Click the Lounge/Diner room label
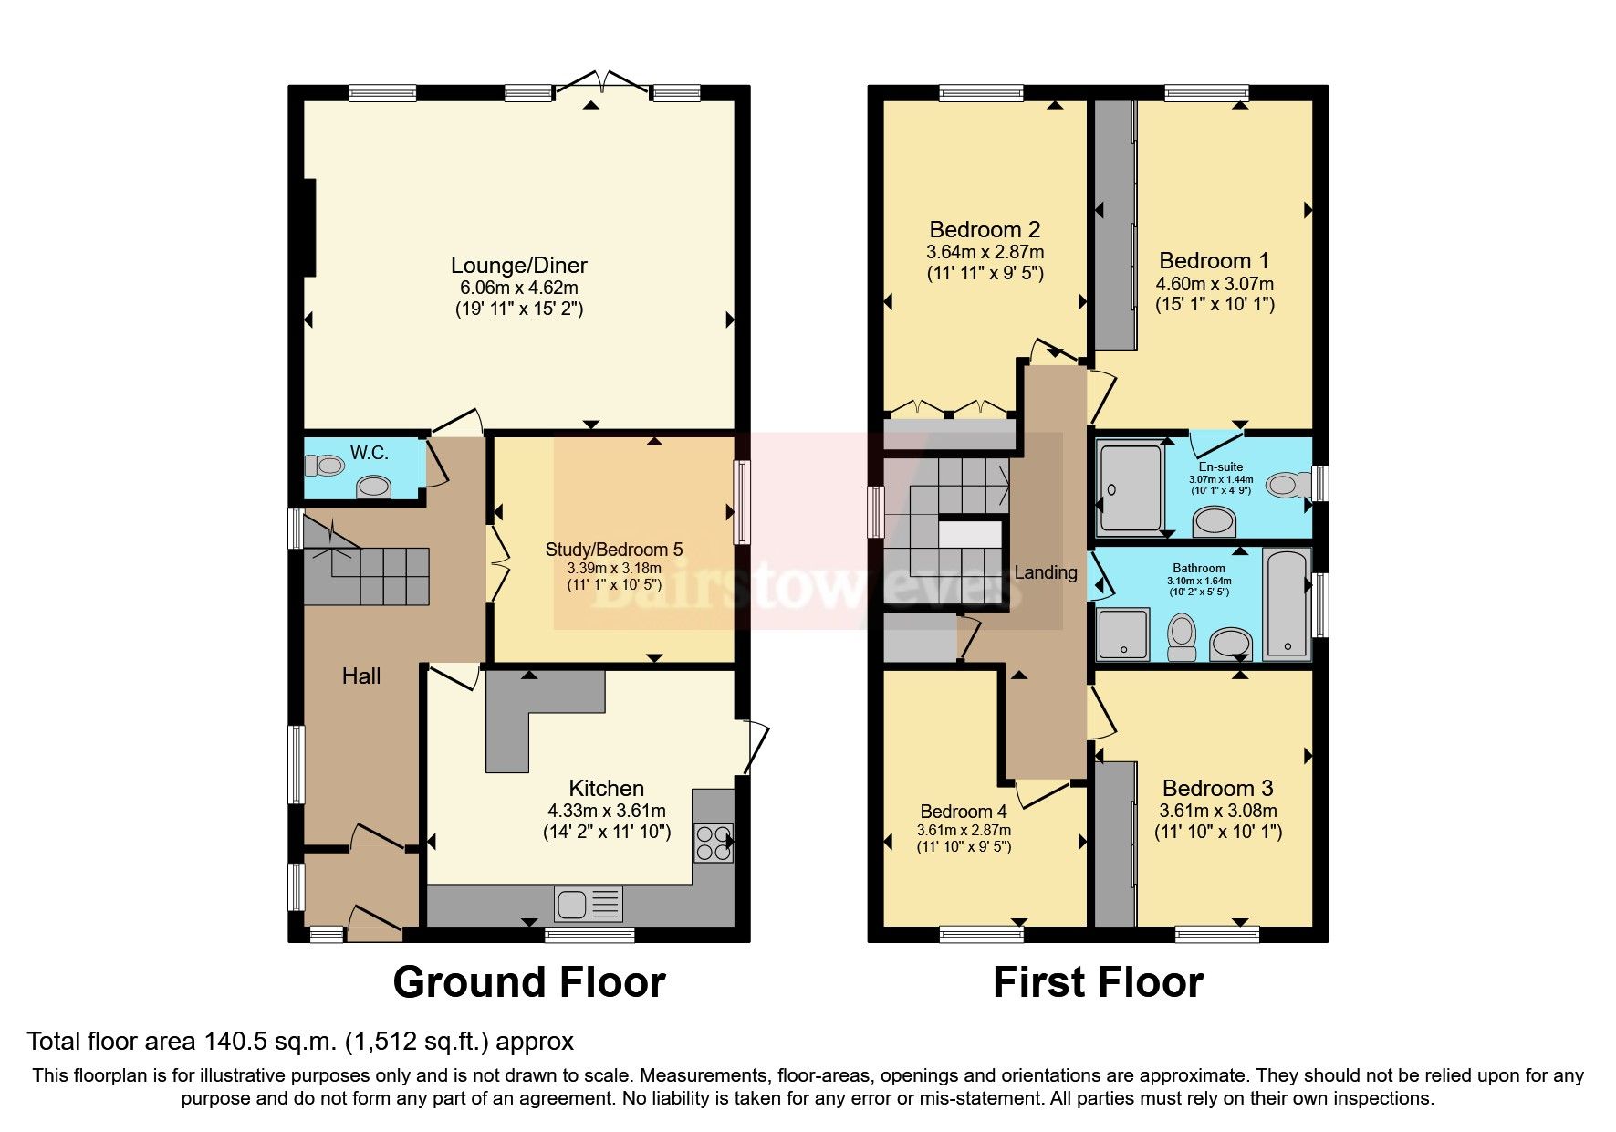(x=518, y=266)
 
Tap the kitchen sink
(x=588, y=904)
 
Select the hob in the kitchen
(x=713, y=843)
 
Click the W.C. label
(x=369, y=453)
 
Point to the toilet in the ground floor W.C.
(x=324, y=466)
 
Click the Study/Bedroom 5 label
(x=613, y=550)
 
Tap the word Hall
(x=360, y=676)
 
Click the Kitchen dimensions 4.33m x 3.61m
(x=606, y=811)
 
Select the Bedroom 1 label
(x=1214, y=261)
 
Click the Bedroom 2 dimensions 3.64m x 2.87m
(x=985, y=252)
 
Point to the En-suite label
(x=1220, y=466)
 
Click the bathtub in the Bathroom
(x=1288, y=603)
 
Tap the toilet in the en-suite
(x=1288, y=484)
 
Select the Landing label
(x=1045, y=572)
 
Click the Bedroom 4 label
(x=963, y=812)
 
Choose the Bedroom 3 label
(x=1217, y=789)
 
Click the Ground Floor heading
(x=528, y=983)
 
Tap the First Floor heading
(x=1098, y=983)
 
